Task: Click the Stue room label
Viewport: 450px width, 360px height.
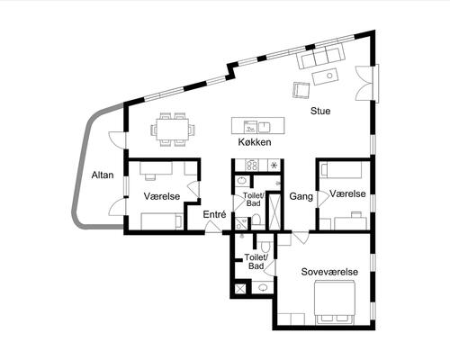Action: pyautogui.click(x=320, y=111)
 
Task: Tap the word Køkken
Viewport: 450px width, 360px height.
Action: pyautogui.click(x=255, y=142)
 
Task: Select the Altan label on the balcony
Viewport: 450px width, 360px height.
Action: pyautogui.click(x=103, y=175)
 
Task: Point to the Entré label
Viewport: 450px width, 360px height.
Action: pyautogui.click(x=214, y=214)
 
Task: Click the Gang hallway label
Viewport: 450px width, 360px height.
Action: pyautogui.click(x=301, y=196)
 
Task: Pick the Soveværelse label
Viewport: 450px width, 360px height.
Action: pyautogui.click(x=329, y=272)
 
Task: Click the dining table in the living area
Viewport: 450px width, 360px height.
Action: pyautogui.click(x=173, y=129)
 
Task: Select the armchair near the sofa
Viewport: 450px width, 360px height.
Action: pyautogui.click(x=301, y=90)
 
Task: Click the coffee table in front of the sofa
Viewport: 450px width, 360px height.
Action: pyautogui.click(x=325, y=76)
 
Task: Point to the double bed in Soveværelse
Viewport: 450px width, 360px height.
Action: pyautogui.click(x=335, y=302)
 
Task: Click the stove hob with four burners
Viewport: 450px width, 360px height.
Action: pyautogui.click(x=252, y=165)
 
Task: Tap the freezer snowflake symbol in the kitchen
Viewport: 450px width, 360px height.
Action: pyautogui.click(x=274, y=166)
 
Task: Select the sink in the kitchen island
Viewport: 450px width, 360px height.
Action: pyautogui.click(x=264, y=126)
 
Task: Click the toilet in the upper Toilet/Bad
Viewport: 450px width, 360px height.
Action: pyautogui.click(x=256, y=220)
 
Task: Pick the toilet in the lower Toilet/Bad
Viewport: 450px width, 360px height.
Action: pyautogui.click(x=265, y=247)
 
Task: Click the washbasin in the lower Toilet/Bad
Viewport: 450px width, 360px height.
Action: pyautogui.click(x=263, y=288)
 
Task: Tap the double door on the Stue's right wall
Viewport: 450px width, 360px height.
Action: pyautogui.click(x=364, y=83)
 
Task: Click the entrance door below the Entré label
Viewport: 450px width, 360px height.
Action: pyautogui.click(x=213, y=227)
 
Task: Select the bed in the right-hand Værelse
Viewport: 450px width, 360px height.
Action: pyautogui.click(x=341, y=170)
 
